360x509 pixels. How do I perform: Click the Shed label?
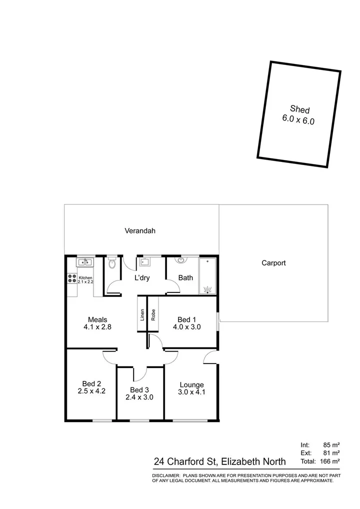pos(300,109)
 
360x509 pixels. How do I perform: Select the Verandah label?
pos(140,231)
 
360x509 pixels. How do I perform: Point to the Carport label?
pos(273,263)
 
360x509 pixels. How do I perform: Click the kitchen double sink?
pos(83,262)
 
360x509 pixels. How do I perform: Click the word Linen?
pos(142,315)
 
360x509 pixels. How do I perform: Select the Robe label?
pos(153,315)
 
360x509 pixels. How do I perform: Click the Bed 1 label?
pos(187,319)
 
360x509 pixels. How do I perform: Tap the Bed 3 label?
pos(139,389)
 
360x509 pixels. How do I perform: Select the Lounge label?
pos(191,384)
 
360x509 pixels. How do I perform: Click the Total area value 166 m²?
pos(329,461)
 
